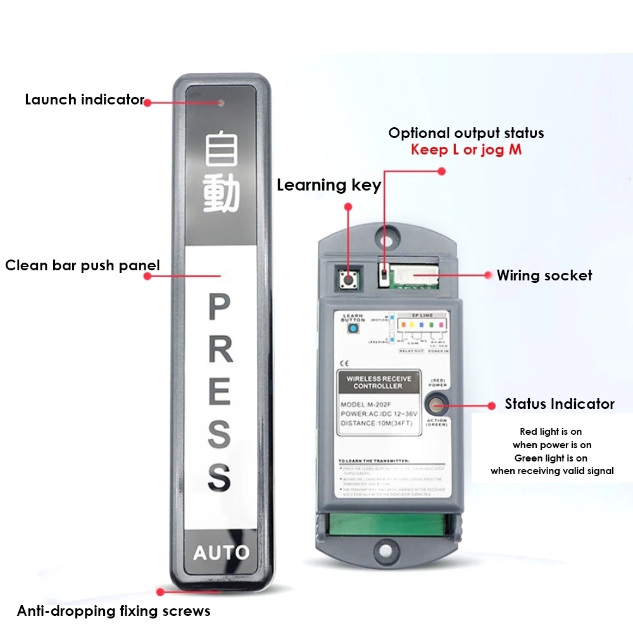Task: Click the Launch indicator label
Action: pos(84,99)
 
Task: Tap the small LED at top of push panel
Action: pos(220,102)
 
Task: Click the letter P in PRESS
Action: pos(220,308)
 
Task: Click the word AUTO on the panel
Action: pos(221,552)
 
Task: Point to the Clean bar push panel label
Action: pos(82,265)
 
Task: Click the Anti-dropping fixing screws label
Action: pos(113,611)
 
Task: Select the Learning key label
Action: pos(329,185)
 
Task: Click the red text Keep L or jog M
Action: pos(466,150)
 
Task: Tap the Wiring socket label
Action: pos(544,275)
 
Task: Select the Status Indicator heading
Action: pos(559,404)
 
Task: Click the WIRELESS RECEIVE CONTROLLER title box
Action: pos(378,382)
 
